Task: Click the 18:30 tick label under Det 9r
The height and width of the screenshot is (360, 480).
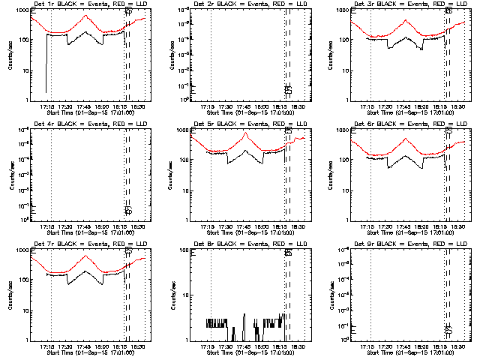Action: pos(459,348)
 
